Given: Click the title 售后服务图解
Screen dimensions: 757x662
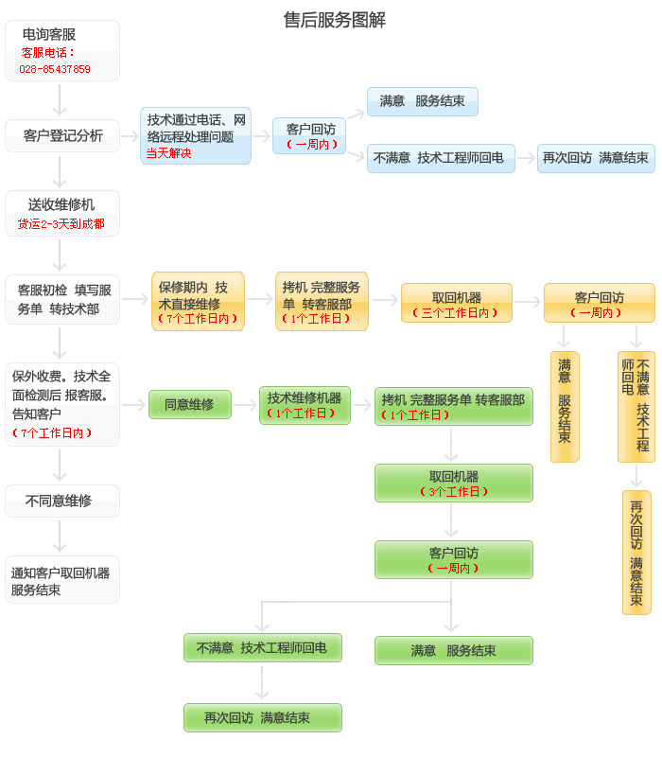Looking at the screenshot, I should [x=335, y=20].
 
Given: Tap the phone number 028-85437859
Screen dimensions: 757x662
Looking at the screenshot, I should [x=55, y=69].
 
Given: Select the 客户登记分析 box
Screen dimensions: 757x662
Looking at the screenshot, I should [x=62, y=135].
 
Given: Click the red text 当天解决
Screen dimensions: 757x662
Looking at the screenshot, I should [x=168, y=153].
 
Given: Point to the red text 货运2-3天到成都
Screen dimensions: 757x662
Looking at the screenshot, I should [x=61, y=224].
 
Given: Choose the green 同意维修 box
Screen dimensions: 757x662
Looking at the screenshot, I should [x=189, y=404].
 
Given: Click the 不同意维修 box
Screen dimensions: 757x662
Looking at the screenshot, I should [x=62, y=501].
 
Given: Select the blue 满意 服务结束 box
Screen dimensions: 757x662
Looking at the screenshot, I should [x=422, y=101].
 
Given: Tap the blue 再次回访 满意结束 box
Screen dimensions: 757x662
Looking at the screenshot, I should [x=595, y=158].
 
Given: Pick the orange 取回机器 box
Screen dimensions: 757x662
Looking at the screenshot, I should [x=456, y=303].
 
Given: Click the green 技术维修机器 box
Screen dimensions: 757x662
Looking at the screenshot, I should [x=305, y=404].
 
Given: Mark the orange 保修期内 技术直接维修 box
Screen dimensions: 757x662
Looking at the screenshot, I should [x=198, y=301].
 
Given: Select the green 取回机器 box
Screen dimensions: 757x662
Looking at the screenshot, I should [x=453, y=483].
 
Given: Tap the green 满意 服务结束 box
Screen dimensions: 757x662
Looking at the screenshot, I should [x=453, y=650].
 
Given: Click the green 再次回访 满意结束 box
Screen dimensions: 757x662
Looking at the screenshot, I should [x=262, y=717].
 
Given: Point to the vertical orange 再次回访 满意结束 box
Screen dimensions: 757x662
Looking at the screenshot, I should [x=636, y=552].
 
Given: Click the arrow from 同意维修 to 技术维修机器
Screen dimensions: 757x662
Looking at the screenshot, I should [x=245, y=405].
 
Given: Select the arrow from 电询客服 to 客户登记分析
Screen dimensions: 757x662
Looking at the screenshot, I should [x=61, y=99].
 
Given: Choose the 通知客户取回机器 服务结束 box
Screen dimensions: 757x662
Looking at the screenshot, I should [x=62, y=580].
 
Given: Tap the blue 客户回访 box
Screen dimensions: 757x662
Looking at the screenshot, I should [x=309, y=135].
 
